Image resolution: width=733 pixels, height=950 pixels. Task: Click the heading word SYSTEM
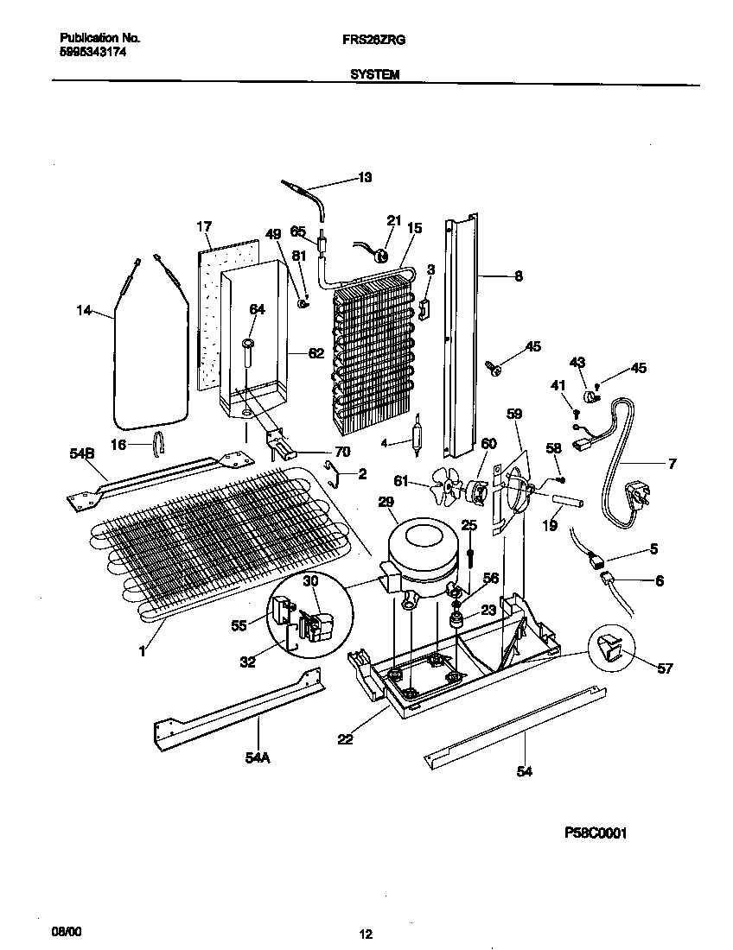(x=374, y=75)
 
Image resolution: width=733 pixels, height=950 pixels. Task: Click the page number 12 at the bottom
(x=366, y=934)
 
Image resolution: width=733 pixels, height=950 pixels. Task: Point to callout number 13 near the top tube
(x=365, y=179)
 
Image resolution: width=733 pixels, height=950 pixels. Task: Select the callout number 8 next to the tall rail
(x=518, y=276)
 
